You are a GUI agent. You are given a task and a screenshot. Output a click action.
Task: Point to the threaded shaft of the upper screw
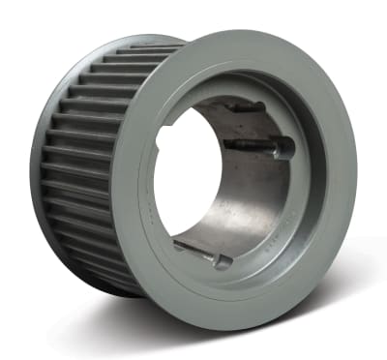point(249,145)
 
